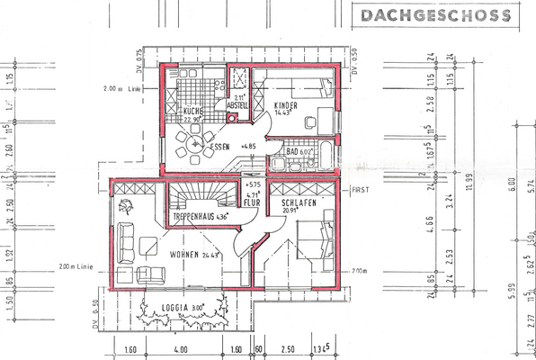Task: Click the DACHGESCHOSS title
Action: tap(434, 15)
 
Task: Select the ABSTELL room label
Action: tap(238, 105)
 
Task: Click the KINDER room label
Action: tap(285, 105)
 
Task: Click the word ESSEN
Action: tap(220, 146)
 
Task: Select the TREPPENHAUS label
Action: tap(194, 217)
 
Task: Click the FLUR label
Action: tap(253, 202)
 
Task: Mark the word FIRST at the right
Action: tap(362, 191)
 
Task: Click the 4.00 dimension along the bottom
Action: tap(181, 349)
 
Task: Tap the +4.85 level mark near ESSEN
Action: tap(249, 146)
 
